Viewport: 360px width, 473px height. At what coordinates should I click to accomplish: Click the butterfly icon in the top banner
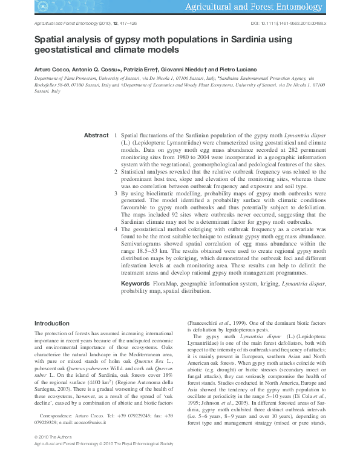click(x=44, y=8)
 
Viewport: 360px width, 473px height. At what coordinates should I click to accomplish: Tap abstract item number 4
click(x=115, y=230)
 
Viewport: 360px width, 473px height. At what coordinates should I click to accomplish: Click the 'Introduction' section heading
click(x=52, y=324)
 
